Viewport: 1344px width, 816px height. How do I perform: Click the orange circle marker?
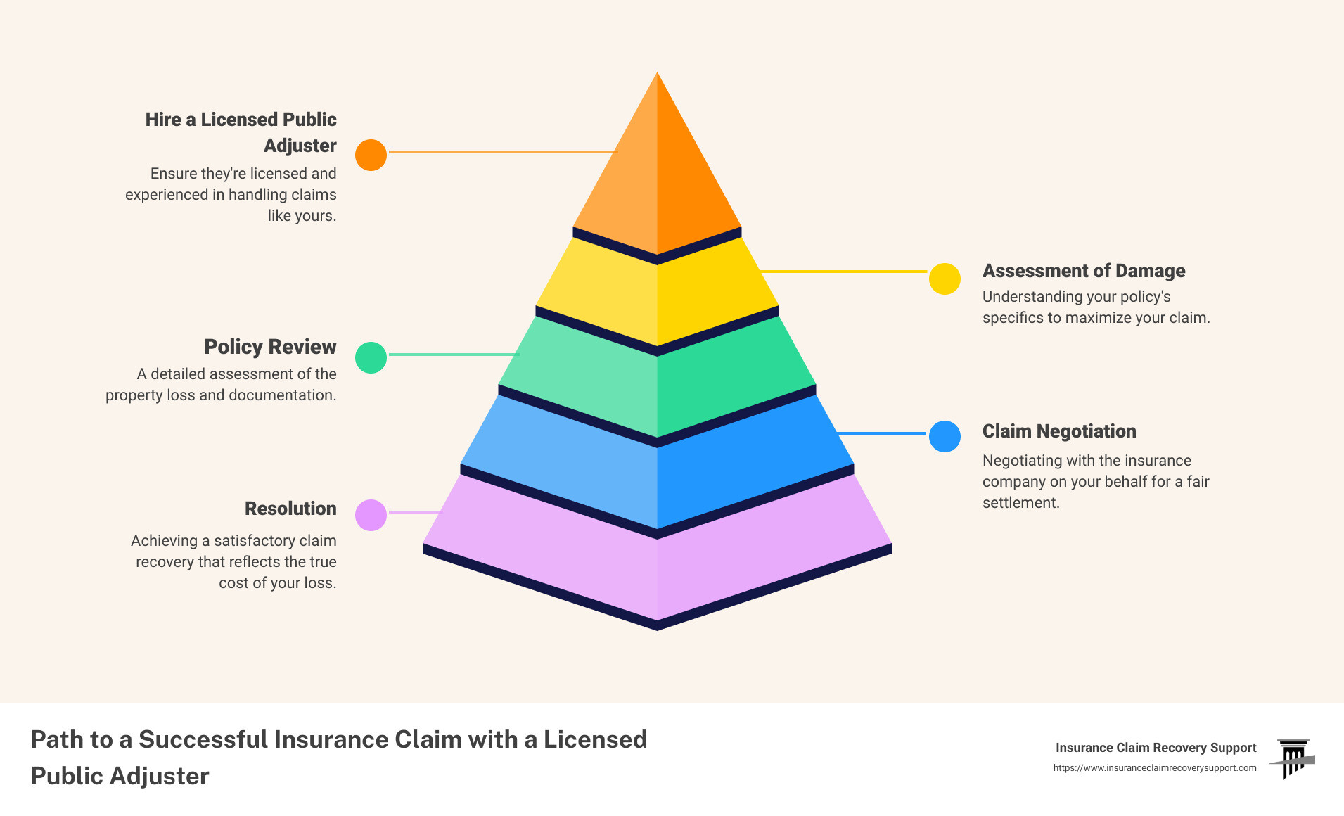point(371,155)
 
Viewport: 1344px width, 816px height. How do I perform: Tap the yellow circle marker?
point(945,279)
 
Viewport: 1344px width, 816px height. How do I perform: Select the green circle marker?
point(371,357)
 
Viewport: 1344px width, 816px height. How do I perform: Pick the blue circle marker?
point(945,436)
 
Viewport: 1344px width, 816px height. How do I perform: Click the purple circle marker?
point(371,515)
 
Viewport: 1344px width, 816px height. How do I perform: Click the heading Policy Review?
point(270,347)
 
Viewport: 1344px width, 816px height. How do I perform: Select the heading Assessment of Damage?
point(1083,271)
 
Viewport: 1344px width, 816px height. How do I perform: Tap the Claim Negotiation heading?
point(1058,431)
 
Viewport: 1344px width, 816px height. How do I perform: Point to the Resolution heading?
point(290,509)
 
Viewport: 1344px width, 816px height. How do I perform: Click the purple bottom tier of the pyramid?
point(657,563)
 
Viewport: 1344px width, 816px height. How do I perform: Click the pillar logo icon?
point(1293,758)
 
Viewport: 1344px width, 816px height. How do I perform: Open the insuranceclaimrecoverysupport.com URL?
point(1154,768)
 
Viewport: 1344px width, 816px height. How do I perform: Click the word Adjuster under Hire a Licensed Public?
point(300,146)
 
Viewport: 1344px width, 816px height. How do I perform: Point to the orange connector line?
point(502,152)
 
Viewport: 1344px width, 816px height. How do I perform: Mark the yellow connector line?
point(844,271)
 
